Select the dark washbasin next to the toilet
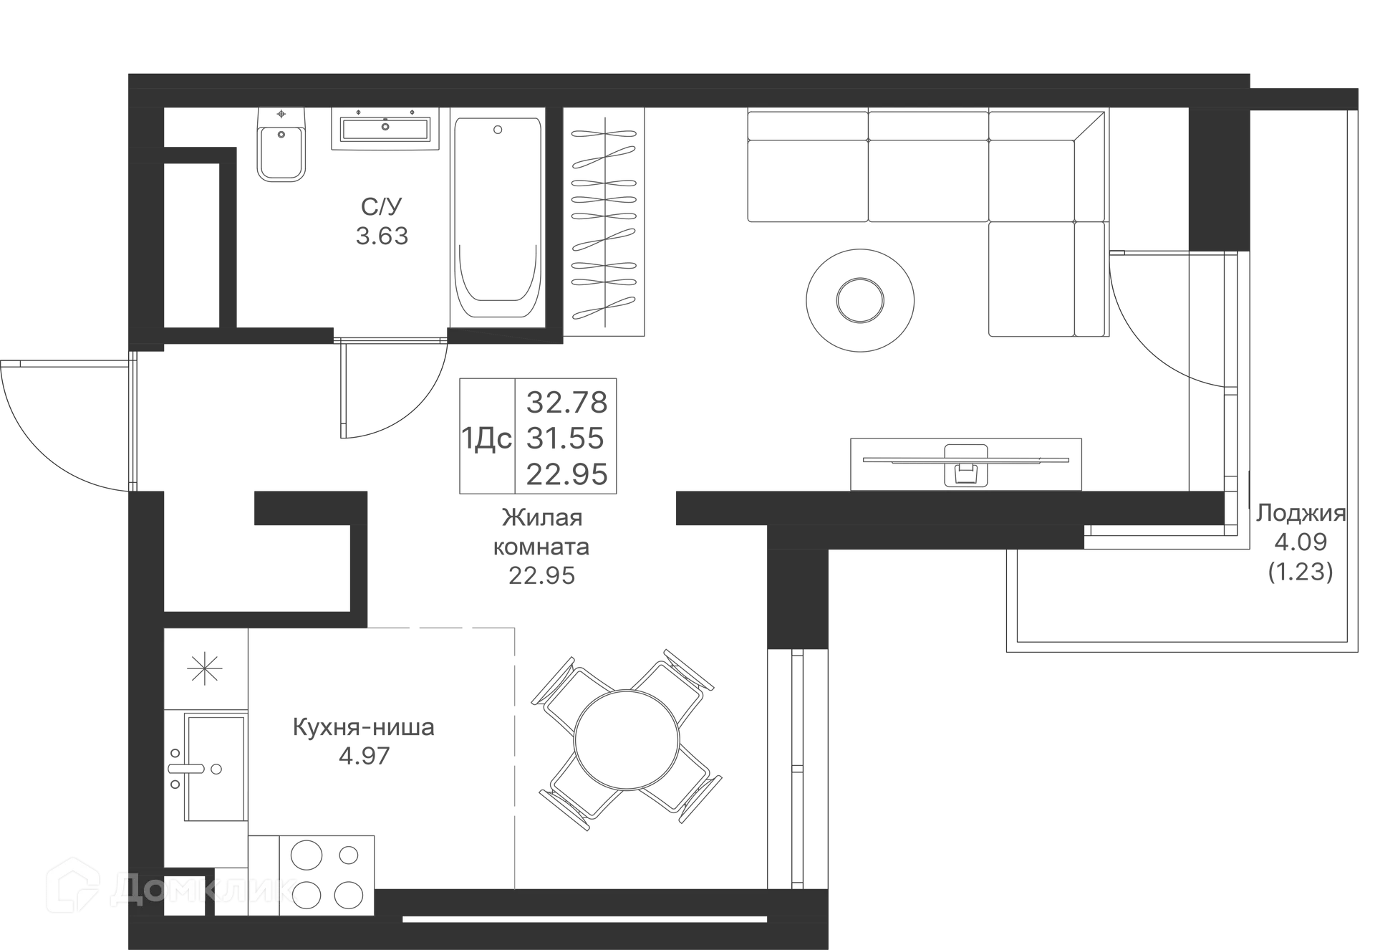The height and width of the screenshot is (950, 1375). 384,131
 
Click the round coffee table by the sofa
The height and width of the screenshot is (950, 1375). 859,299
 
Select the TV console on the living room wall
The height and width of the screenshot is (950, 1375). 965,462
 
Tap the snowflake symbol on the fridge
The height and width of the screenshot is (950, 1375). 206,667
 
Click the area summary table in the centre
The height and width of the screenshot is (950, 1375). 536,436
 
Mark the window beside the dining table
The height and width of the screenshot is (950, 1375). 799,767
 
